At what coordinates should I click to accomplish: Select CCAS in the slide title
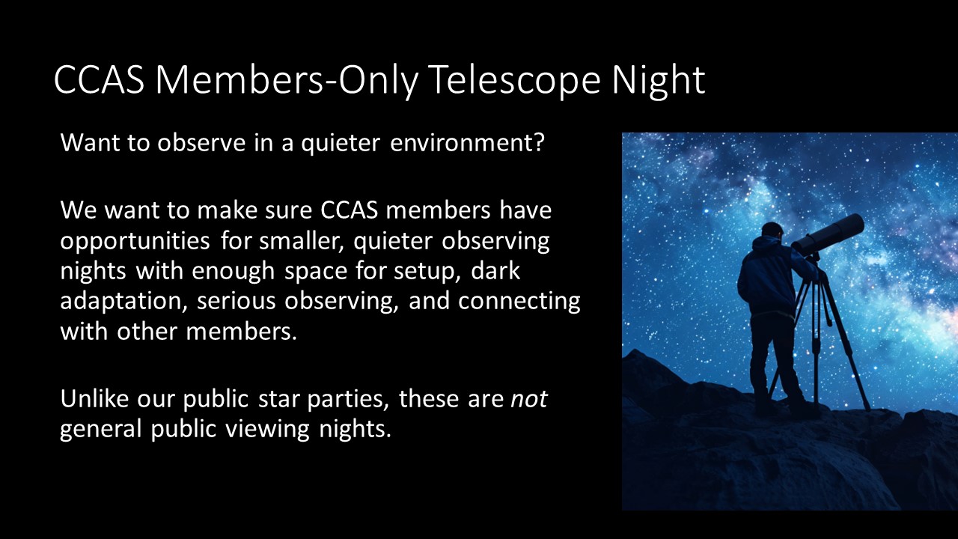100,79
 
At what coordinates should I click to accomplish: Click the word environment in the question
467,142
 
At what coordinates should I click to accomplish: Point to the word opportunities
135,242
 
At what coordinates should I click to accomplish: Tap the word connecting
519,301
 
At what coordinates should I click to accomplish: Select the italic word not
529,399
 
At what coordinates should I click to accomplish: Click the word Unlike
94,398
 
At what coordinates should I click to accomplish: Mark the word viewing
267,429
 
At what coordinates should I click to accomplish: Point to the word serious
236,301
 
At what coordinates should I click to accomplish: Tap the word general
100,429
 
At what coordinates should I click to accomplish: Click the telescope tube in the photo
828,235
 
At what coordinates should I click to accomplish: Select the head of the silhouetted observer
772,232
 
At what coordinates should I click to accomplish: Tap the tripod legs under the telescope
819,342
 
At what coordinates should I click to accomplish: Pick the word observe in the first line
201,142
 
